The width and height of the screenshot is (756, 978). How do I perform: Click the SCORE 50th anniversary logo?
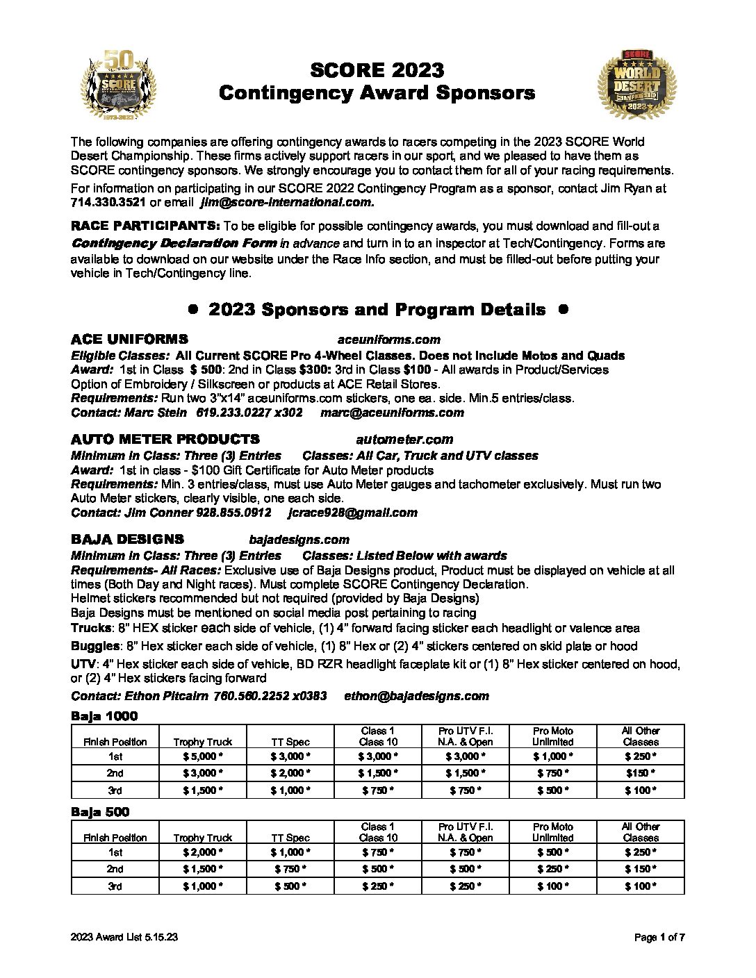(x=119, y=84)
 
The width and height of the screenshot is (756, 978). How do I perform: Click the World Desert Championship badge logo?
(x=636, y=84)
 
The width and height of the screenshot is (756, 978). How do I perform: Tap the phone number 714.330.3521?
(x=108, y=203)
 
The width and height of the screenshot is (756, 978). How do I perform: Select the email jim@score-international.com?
(x=287, y=203)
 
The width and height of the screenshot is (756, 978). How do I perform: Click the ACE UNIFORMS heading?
(x=129, y=340)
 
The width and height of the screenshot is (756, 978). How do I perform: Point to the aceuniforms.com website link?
(x=388, y=340)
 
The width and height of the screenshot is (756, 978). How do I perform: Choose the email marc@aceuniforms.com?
(x=392, y=413)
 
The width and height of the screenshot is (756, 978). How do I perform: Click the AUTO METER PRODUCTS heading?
(x=165, y=440)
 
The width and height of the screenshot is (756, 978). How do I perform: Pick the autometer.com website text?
(x=404, y=440)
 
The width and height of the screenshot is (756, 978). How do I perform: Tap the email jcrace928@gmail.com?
(x=352, y=513)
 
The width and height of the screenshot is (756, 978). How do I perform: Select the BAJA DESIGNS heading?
(x=127, y=540)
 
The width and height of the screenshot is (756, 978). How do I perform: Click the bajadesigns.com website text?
(x=299, y=540)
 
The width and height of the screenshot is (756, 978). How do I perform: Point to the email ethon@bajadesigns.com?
(x=416, y=696)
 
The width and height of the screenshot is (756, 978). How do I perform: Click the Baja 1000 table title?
(x=104, y=716)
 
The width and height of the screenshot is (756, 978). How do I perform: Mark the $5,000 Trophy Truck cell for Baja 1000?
(x=202, y=756)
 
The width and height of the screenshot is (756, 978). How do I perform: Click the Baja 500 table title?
(x=100, y=812)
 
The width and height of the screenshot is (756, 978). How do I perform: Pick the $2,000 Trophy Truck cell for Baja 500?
(x=202, y=852)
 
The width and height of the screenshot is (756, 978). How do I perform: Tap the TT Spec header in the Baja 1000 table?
(x=290, y=742)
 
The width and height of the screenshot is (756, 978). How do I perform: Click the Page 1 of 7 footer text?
(x=659, y=938)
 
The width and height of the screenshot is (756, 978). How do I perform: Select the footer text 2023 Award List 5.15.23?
(x=124, y=938)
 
